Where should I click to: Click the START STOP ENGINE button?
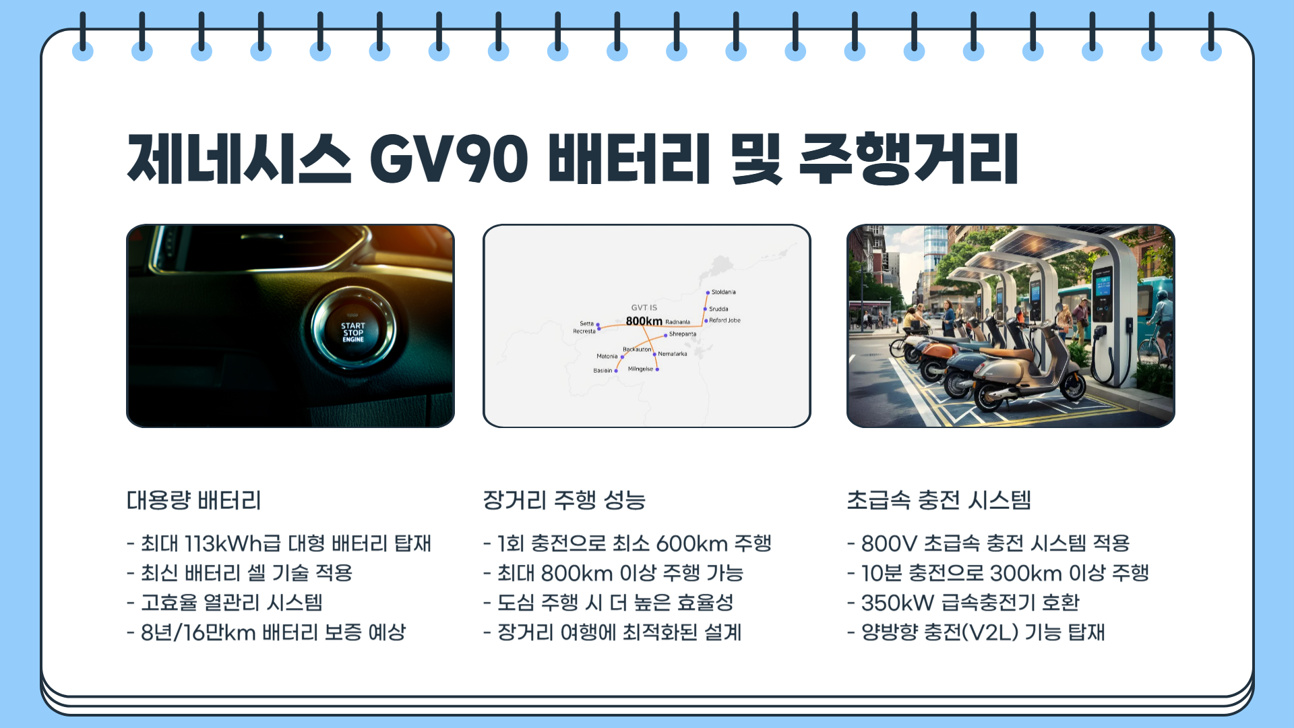352,332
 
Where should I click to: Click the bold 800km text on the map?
644,322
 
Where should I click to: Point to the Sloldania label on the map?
723,293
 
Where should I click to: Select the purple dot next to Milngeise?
657,369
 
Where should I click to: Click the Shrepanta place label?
682,334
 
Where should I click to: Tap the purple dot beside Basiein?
616,371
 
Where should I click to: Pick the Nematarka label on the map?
672,354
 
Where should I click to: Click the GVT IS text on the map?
644,308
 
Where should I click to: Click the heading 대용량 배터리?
194,500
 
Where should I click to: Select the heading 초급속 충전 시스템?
939,500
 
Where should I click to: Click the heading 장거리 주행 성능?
564,500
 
